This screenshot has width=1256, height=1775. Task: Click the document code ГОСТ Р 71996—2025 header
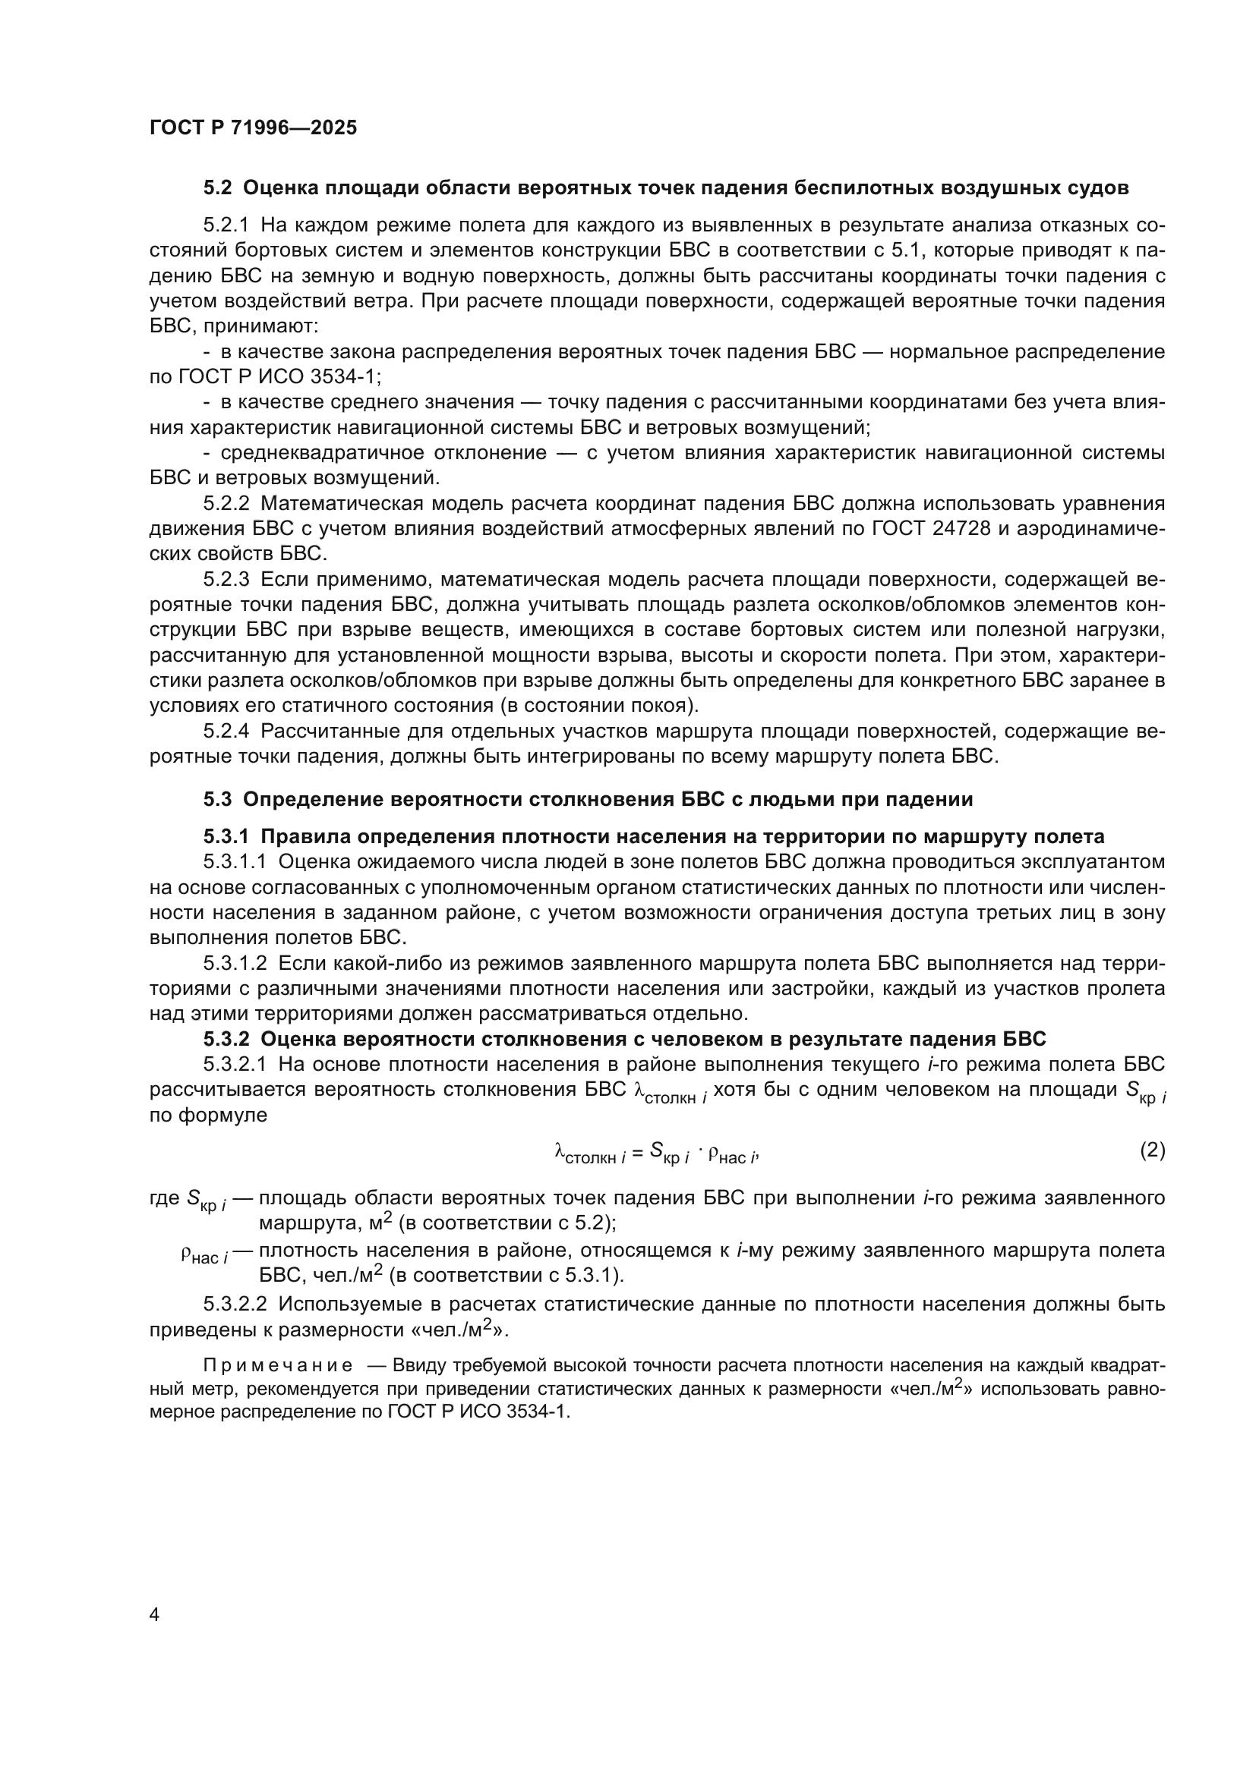pyautogui.click(x=253, y=127)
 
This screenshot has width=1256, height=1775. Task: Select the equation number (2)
pyautogui.click(x=1152, y=1150)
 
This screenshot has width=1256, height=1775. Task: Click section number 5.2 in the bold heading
pyautogui.click(x=217, y=188)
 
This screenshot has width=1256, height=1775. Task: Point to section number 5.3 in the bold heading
pyautogui.click(x=217, y=799)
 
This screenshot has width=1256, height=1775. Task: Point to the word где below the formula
pyautogui.click(x=164, y=1199)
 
